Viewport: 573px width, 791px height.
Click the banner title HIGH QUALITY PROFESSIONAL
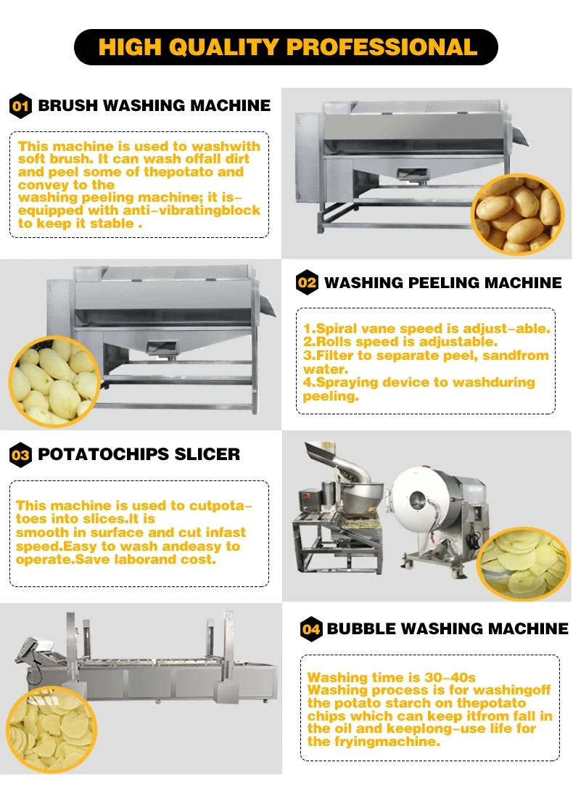coord(286,47)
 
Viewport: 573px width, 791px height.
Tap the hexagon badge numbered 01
coord(20,107)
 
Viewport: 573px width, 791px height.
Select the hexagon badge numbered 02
coord(308,282)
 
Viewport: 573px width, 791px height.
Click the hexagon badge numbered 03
coord(20,455)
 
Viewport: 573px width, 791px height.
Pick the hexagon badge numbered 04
coord(311,628)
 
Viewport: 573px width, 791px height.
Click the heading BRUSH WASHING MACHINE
coord(154,106)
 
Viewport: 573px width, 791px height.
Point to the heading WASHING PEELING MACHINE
coord(442,282)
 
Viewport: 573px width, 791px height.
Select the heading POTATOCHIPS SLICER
coord(139,454)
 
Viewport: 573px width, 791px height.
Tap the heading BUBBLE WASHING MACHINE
coord(448,628)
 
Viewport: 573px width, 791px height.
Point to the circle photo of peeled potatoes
coord(52,381)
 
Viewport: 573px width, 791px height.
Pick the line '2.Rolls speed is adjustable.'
coord(400,341)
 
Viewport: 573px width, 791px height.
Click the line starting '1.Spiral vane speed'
coord(426,328)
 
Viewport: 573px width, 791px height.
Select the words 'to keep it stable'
coord(76,224)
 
